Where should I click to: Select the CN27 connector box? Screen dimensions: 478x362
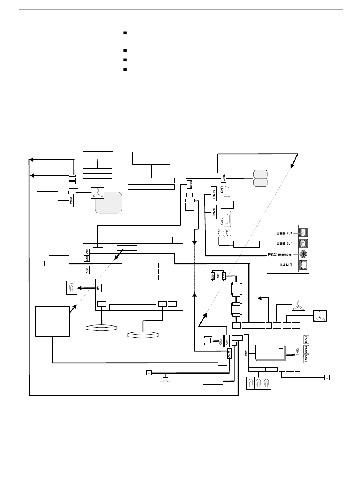click(214, 194)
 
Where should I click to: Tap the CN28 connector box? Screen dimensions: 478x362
click(214, 213)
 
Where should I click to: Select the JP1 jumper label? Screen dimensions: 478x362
click(98, 288)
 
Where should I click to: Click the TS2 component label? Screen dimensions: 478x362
click(218, 276)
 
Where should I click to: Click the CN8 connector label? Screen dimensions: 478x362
click(227, 339)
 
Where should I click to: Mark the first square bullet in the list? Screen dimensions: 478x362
click(125, 34)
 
